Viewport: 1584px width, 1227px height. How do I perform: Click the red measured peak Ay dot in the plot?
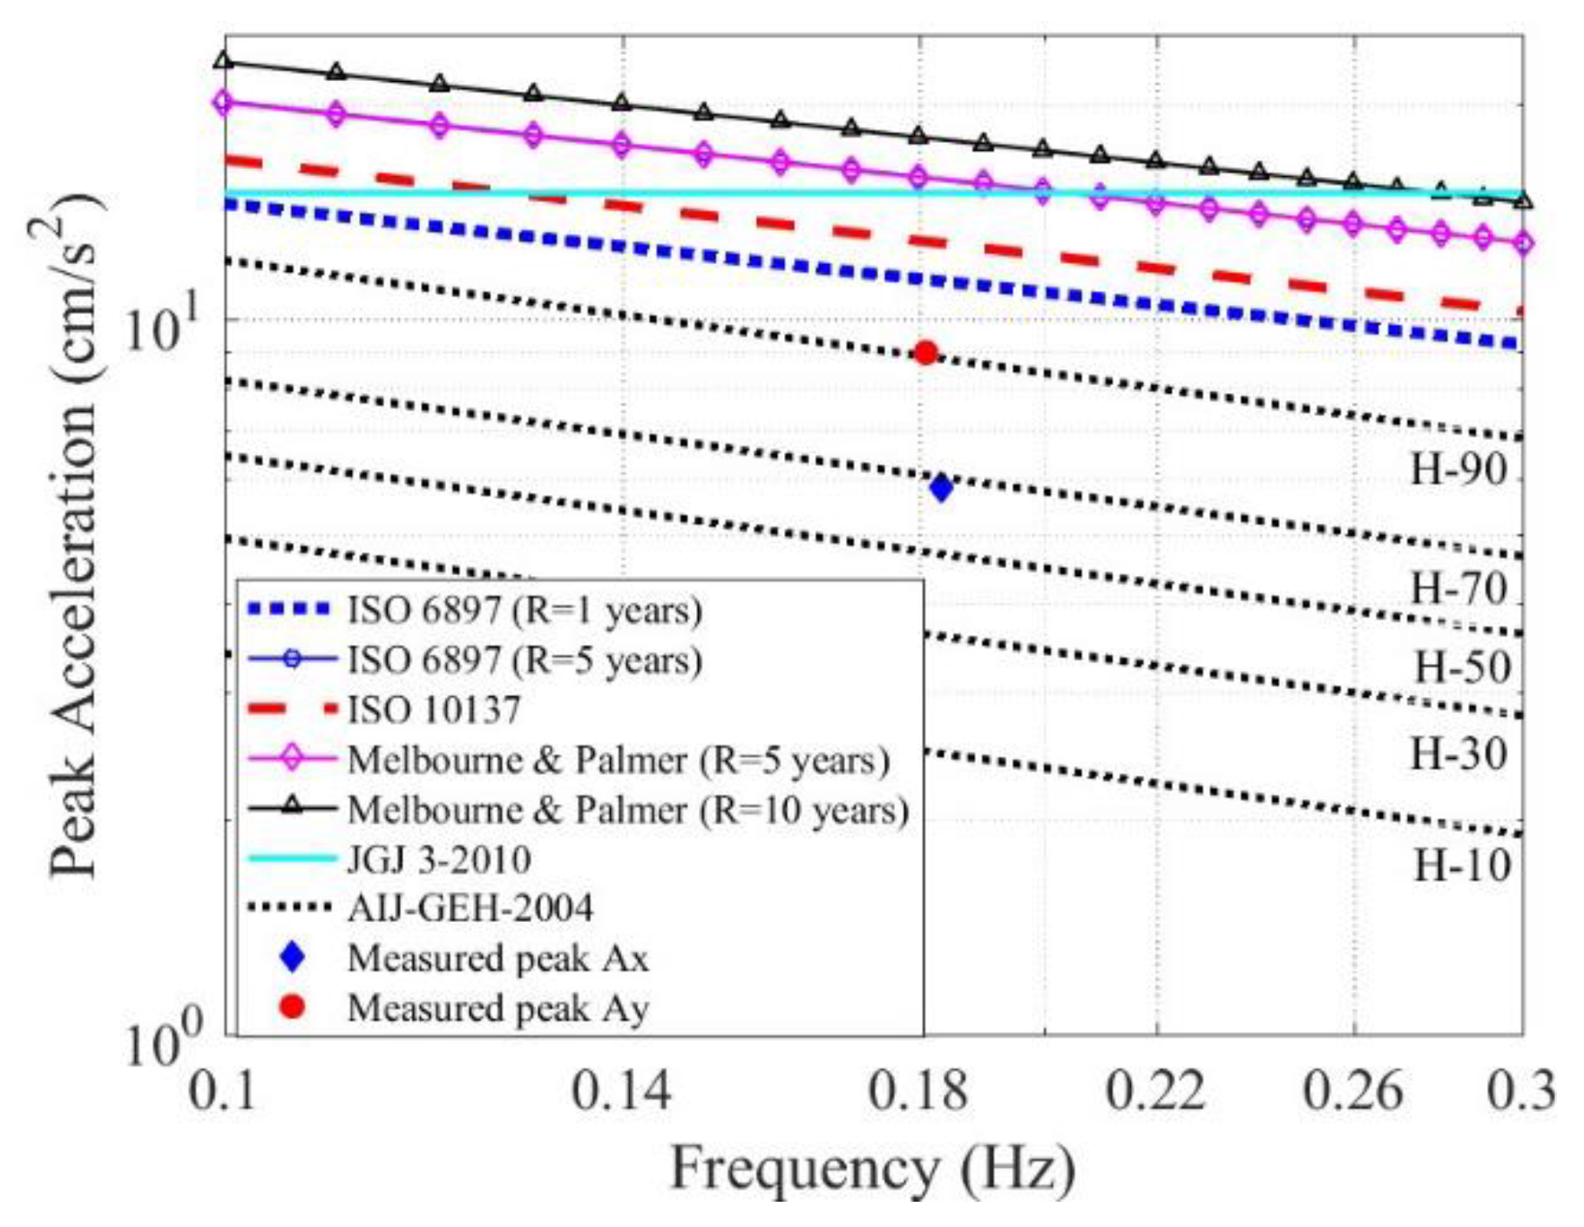point(926,353)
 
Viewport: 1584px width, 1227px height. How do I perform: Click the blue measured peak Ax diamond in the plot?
point(941,487)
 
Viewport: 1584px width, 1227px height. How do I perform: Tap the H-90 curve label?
point(1459,470)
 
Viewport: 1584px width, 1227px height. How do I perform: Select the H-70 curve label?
point(1459,588)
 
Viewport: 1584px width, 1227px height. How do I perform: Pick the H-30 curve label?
point(1459,754)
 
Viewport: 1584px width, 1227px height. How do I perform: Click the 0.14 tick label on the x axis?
point(620,1091)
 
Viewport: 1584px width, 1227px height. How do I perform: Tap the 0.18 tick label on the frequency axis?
point(917,1091)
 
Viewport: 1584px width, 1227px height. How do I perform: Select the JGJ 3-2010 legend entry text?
point(439,860)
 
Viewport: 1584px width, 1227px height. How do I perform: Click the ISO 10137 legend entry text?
point(434,709)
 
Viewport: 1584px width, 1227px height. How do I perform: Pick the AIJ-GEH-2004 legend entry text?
point(470,909)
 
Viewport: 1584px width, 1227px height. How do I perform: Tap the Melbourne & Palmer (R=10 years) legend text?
point(627,810)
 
